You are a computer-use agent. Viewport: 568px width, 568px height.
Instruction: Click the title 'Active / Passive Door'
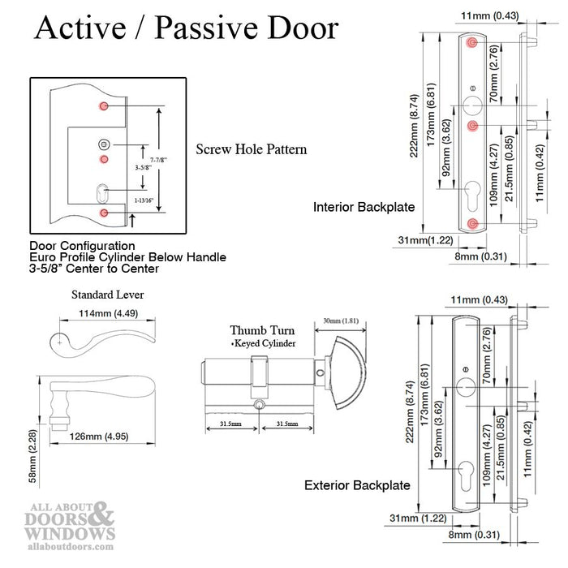tap(186, 28)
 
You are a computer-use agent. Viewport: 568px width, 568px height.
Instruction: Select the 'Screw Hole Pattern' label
tap(251, 150)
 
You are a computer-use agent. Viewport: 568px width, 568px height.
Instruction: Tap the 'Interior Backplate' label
tap(364, 208)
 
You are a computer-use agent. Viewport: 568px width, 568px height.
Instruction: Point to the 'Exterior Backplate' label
tap(357, 485)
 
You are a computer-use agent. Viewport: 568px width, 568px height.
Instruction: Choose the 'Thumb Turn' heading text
tap(262, 331)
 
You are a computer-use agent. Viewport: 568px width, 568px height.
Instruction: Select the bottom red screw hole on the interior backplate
tap(472, 224)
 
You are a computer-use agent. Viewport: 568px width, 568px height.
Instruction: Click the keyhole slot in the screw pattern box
tap(103, 194)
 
